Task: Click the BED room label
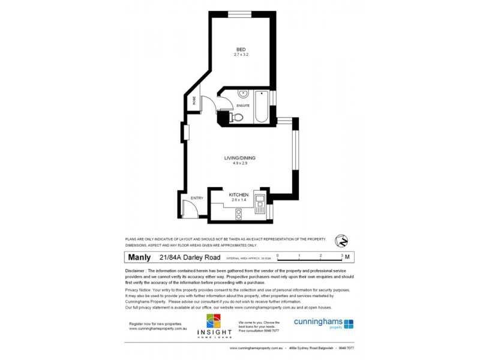[x=241, y=49]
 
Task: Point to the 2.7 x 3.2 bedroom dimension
[x=241, y=55]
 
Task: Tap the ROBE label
[x=194, y=101]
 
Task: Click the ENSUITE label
[x=243, y=106]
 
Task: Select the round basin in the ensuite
[x=244, y=94]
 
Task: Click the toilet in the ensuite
[x=238, y=118]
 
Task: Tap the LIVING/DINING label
[x=240, y=158]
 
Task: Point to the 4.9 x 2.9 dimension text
[x=240, y=164]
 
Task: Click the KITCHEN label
[x=239, y=194]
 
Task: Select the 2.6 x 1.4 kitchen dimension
[x=239, y=200]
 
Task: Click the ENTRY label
[x=197, y=198]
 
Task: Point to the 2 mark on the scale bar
[x=320, y=256]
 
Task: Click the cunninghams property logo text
[x=318, y=322]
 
